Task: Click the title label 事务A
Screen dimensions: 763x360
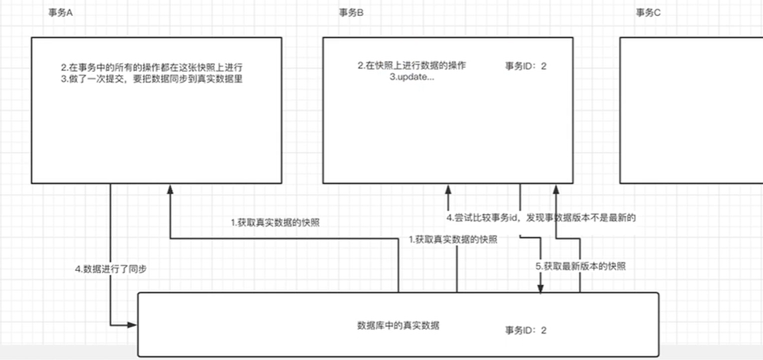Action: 60,13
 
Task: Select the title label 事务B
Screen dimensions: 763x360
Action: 351,13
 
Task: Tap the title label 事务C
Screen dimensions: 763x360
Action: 648,13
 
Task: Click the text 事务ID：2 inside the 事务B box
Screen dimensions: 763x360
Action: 525,66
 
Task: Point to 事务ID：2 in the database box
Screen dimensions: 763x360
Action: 525,331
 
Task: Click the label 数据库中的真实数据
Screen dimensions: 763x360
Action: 398,325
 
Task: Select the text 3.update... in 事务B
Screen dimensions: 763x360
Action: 412,78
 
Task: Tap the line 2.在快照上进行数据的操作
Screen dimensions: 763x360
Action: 412,66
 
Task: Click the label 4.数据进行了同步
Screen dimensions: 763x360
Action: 111,270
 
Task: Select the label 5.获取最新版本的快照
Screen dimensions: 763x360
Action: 580,266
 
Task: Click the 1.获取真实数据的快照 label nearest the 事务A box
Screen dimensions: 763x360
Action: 275,223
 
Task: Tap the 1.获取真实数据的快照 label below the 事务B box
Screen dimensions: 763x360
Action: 453,239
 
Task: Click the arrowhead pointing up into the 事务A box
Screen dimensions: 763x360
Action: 170,189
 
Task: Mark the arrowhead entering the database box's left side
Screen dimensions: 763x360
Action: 132,325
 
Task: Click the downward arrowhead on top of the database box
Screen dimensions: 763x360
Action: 540,288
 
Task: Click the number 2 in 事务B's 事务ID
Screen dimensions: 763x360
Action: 543,66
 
